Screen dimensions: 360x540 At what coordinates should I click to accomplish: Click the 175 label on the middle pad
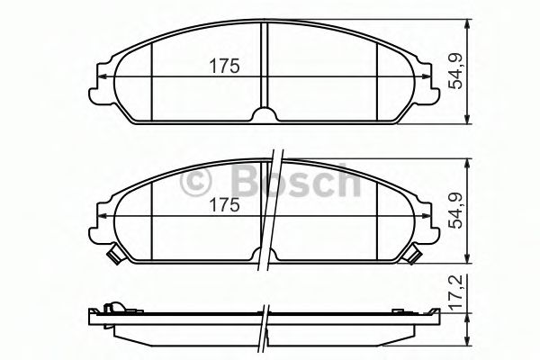tap(224, 205)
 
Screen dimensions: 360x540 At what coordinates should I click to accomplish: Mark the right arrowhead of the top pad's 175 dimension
tap(428, 77)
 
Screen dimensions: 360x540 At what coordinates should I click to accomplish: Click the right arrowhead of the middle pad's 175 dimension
tap(428, 218)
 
